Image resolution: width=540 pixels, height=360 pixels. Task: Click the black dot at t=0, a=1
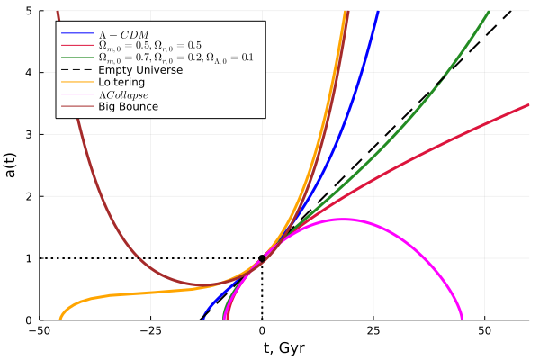point(262,258)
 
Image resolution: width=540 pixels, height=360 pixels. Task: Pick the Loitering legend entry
point(121,82)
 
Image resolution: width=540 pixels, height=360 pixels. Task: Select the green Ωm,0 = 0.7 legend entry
point(175,57)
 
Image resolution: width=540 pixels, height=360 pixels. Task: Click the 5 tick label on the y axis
point(30,11)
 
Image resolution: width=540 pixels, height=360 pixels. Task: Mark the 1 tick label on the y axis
point(30,258)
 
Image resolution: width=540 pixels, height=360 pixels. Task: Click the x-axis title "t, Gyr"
point(283,347)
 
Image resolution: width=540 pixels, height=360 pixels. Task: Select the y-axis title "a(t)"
point(12,166)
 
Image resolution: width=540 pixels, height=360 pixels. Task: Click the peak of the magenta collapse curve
point(342,219)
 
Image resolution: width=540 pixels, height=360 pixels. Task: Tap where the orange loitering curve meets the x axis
point(60,319)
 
